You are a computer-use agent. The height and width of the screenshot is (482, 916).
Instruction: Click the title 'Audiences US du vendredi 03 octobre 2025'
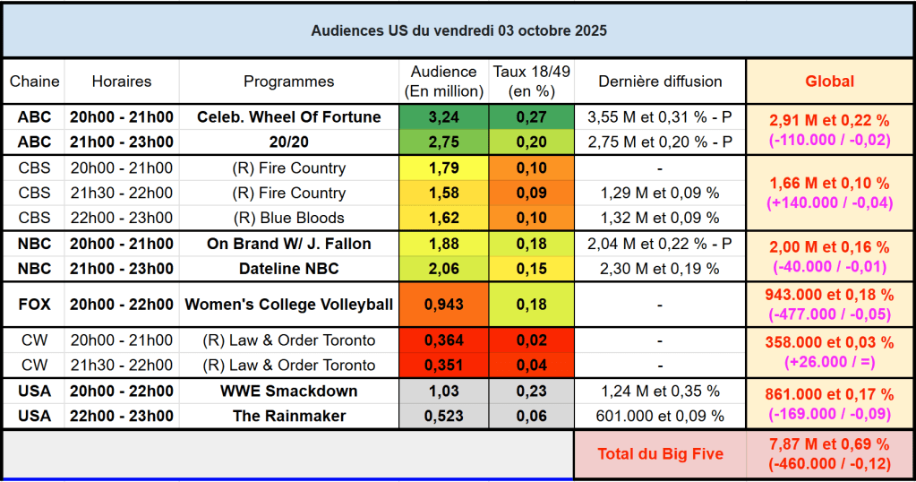click(458, 30)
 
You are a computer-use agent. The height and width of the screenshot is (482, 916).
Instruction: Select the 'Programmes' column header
click(288, 82)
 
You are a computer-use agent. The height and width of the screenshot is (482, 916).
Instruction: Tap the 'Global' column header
click(829, 82)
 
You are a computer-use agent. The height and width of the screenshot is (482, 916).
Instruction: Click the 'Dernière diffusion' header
click(660, 82)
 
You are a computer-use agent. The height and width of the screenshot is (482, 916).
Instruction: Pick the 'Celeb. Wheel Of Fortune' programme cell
click(288, 117)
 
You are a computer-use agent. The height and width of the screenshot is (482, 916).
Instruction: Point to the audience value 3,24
click(443, 117)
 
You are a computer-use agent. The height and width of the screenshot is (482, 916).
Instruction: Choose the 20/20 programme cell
click(288, 142)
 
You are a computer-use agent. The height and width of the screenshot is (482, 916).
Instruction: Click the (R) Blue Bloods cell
click(288, 218)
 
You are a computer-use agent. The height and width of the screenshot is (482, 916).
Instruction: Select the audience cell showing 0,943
click(443, 305)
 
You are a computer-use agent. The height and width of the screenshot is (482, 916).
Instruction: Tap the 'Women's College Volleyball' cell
click(288, 305)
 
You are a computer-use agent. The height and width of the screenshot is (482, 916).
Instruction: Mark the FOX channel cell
click(35, 305)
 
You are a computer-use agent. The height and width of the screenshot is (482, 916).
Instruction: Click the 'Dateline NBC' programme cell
click(288, 269)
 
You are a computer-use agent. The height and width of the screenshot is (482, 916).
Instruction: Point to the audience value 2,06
click(443, 269)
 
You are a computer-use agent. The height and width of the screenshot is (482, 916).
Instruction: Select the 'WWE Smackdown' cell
click(288, 392)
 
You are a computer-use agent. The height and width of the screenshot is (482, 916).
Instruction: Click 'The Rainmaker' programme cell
click(288, 417)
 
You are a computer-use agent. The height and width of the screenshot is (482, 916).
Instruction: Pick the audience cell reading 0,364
click(443, 340)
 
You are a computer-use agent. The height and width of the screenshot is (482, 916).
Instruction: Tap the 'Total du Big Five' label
click(660, 454)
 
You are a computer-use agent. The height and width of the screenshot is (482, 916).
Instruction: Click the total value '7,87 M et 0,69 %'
click(829, 445)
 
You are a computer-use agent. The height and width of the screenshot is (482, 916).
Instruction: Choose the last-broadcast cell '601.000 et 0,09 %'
click(660, 417)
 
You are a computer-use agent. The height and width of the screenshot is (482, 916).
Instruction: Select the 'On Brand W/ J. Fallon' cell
click(288, 244)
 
